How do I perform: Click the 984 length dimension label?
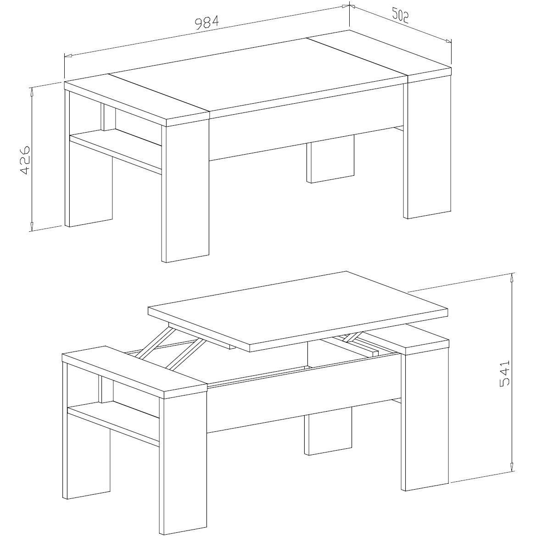(207, 22)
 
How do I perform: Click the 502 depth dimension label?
(399, 16)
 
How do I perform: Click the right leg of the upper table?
(427, 147)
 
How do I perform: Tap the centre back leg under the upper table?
(330, 159)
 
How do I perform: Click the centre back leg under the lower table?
(329, 432)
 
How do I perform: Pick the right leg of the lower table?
(424, 420)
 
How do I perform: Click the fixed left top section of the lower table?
(135, 373)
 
